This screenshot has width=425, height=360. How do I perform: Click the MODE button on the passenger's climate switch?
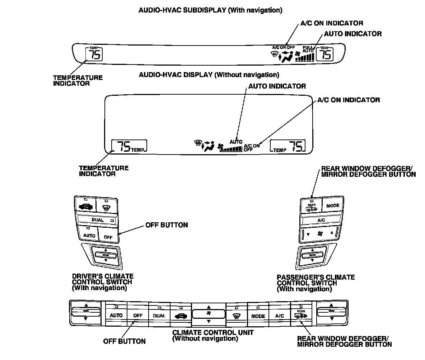tap(333, 206)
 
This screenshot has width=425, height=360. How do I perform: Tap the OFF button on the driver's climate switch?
tap(108, 236)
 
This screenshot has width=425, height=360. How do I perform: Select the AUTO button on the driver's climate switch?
tap(89, 235)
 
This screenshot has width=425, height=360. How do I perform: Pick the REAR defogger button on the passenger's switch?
tap(311, 206)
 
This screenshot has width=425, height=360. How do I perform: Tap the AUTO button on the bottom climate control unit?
tap(116, 315)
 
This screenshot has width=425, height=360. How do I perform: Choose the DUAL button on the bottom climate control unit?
tap(159, 316)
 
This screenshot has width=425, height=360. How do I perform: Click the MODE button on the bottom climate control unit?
tap(258, 316)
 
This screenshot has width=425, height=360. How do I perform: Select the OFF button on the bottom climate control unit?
tap(138, 316)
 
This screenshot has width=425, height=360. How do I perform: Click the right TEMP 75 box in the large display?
tap(288, 146)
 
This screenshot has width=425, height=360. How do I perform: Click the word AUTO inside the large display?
tap(236, 142)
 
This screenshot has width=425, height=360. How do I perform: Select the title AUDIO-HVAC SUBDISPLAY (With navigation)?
tap(210, 10)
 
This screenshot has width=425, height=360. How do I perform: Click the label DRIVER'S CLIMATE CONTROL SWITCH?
tap(103, 282)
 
